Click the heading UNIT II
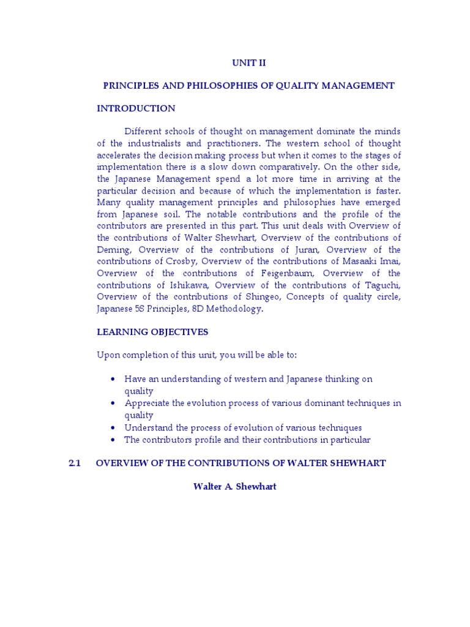point(248,62)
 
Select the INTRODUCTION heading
point(136,108)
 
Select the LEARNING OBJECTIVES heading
point(152,332)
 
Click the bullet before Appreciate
point(114,403)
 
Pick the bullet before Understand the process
point(114,427)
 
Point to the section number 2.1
point(75,463)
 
